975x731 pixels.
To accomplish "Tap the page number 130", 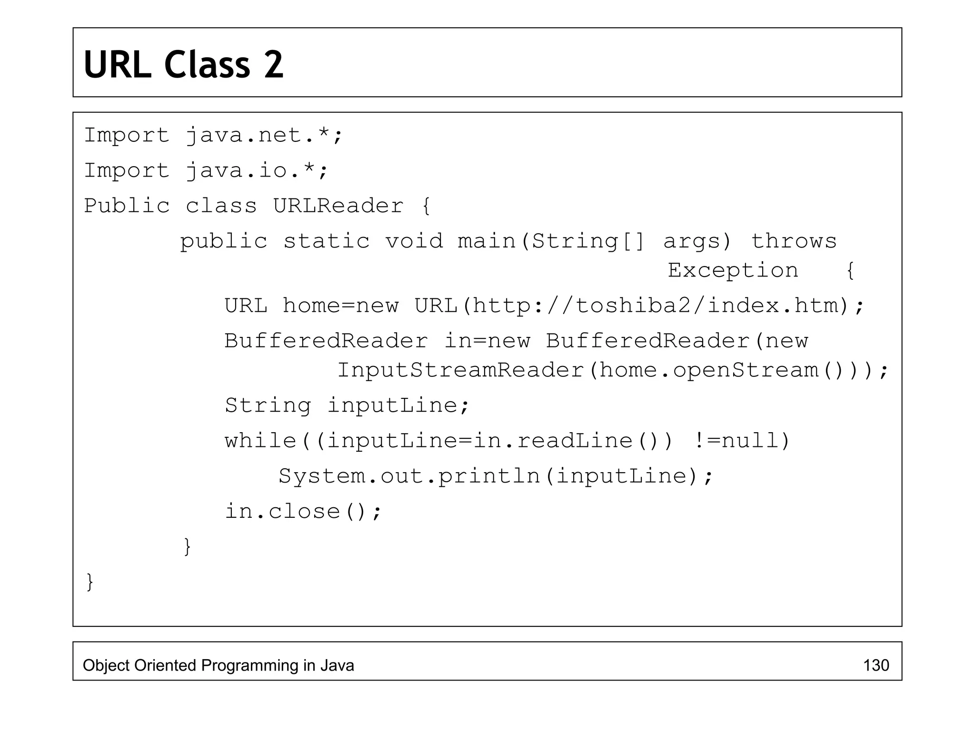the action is point(876,665).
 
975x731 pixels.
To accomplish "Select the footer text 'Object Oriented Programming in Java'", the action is point(218,665).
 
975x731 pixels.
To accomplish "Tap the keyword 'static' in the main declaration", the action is point(326,241).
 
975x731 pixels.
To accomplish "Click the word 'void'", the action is point(414,241).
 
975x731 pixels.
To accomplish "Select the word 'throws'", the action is point(794,241).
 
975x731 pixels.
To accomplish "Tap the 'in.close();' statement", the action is point(303,512).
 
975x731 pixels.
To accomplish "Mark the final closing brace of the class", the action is point(90,582).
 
